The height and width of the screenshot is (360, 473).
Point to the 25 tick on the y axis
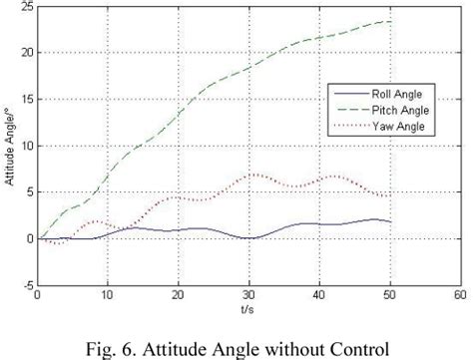click(25, 6)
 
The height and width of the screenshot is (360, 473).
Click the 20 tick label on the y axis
click(25, 53)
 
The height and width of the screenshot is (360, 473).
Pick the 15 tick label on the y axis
click(25, 100)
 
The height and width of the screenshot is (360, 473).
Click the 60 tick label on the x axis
click(459, 295)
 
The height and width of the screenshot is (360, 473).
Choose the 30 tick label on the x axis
click(247, 295)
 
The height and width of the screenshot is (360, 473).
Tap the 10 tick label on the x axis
click(107, 295)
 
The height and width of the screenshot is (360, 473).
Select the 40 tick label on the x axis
click(318, 295)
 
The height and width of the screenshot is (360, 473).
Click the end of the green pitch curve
click(388, 21)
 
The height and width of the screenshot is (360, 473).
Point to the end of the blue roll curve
click(388, 221)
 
